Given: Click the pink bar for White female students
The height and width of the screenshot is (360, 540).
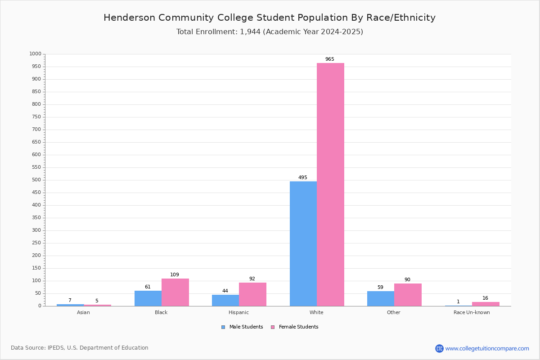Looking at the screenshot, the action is (x=330, y=184).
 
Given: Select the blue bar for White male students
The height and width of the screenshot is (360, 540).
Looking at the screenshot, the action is (x=303, y=244).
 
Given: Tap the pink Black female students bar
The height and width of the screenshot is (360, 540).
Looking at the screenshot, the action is (x=175, y=292).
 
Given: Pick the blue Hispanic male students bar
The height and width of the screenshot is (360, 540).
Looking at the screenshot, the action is (x=225, y=301).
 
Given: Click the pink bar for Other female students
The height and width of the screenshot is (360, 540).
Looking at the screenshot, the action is (x=408, y=295).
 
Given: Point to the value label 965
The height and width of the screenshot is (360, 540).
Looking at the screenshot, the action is (x=330, y=59).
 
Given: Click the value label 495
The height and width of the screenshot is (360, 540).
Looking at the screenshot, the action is (x=303, y=177).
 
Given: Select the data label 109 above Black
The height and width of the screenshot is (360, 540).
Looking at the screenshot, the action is (x=175, y=274).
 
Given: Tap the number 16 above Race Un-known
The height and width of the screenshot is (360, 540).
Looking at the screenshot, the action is (x=485, y=298).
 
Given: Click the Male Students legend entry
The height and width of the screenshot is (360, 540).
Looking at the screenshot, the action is (x=242, y=327).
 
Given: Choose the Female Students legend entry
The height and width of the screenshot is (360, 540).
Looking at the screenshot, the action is (x=295, y=327).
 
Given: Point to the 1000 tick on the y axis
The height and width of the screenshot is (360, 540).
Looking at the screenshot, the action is (x=36, y=54).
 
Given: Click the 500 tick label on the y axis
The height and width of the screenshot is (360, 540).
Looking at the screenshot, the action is (x=36, y=180).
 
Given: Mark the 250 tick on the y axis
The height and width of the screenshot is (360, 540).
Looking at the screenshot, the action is (x=36, y=243).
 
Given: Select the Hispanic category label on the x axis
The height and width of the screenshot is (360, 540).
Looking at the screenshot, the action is (x=238, y=312).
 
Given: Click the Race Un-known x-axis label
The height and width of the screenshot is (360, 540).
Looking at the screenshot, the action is (x=472, y=312).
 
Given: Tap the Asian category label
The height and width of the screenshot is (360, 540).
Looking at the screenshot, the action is (x=83, y=312).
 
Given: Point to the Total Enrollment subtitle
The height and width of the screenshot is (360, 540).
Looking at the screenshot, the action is (x=270, y=32).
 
